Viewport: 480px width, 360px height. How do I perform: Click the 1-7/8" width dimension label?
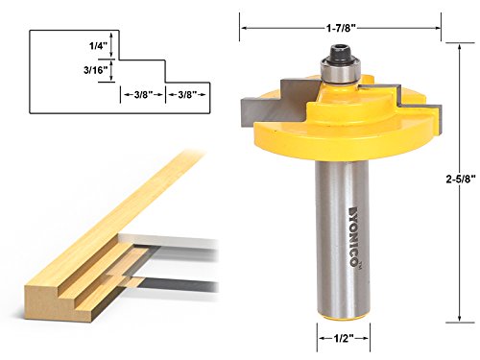[341, 28]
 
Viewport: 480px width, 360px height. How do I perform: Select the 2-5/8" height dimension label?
[461, 179]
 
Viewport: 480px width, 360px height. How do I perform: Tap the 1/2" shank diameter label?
[344, 338]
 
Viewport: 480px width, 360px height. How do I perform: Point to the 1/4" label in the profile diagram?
[97, 46]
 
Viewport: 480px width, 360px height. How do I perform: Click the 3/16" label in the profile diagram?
[95, 70]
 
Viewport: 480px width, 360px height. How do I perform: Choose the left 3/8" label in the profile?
[144, 94]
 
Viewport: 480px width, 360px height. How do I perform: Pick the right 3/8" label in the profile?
[187, 94]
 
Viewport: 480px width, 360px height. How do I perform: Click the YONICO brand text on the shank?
[353, 236]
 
